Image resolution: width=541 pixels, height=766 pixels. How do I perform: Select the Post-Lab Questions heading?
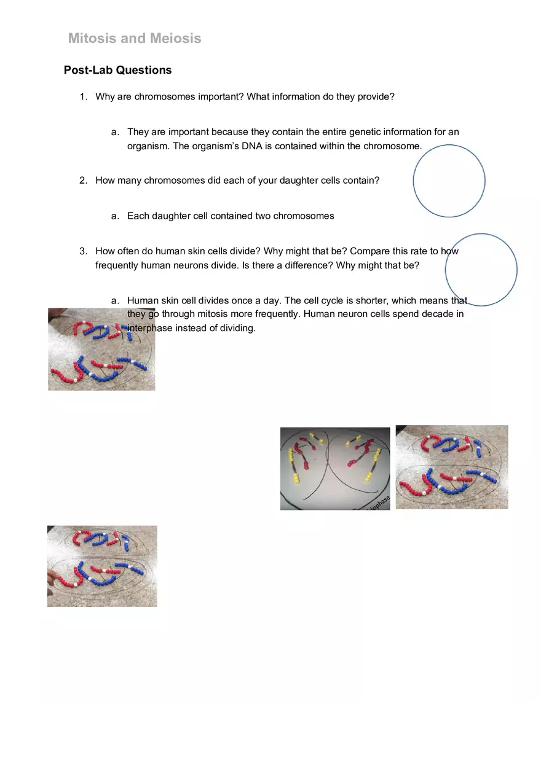coord(117,70)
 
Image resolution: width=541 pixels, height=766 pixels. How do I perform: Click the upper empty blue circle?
coord(449,181)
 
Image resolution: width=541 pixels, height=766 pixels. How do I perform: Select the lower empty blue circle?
coord(481,270)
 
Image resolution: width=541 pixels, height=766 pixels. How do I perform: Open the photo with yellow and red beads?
coord(335,468)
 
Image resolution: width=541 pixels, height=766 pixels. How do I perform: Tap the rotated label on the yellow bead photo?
coord(379,501)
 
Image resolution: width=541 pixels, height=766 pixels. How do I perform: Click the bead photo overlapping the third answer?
coord(101,349)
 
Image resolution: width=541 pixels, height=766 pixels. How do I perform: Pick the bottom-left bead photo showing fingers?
coord(102,566)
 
